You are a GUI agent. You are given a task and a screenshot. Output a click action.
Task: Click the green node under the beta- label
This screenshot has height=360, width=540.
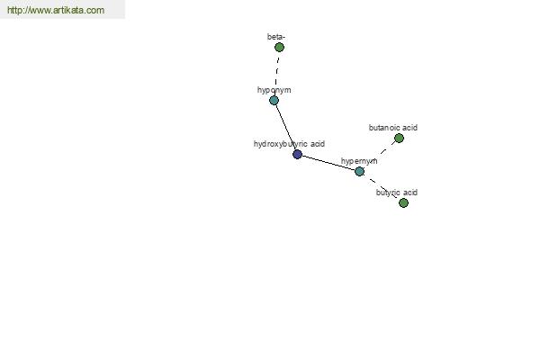coord(279,47)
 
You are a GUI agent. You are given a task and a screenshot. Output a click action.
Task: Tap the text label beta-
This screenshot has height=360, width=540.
coord(276,37)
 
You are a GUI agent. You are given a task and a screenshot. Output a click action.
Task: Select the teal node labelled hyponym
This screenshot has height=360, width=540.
coord(274,100)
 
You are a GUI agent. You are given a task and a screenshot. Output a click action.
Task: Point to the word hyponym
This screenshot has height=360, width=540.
coord(274,90)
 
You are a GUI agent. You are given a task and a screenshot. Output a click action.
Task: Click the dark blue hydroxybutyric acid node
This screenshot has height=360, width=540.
coord(297,154)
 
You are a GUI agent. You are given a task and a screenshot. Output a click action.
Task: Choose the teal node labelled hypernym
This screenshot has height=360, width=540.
coord(359,171)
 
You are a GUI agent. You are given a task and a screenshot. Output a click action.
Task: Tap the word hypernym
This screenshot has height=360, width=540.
coord(359,161)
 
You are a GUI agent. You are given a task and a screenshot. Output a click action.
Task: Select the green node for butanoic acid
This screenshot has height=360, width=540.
coord(399,138)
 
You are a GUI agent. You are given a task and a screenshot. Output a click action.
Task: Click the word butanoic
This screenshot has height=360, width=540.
coord(384,128)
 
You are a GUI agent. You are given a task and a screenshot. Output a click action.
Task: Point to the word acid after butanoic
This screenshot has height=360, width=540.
coord(409,128)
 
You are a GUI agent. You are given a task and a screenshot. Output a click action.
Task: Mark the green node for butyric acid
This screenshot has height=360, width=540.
coord(403,202)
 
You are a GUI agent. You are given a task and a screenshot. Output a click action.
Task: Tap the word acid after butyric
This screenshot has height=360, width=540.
coord(409,193)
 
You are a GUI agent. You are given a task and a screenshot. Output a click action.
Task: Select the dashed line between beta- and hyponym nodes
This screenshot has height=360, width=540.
coord(276,74)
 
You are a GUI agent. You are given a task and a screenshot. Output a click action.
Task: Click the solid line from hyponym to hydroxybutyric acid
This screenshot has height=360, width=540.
coord(285,127)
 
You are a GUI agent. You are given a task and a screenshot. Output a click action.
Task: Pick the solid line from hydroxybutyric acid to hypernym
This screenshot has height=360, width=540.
coord(328,163)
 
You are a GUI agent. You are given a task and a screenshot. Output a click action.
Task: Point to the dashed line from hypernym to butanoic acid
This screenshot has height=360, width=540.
coord(379,155)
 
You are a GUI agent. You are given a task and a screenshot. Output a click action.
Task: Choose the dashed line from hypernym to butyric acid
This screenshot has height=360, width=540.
coord(382,187)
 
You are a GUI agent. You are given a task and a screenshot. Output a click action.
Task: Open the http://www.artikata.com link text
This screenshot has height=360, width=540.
coord(56,10)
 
